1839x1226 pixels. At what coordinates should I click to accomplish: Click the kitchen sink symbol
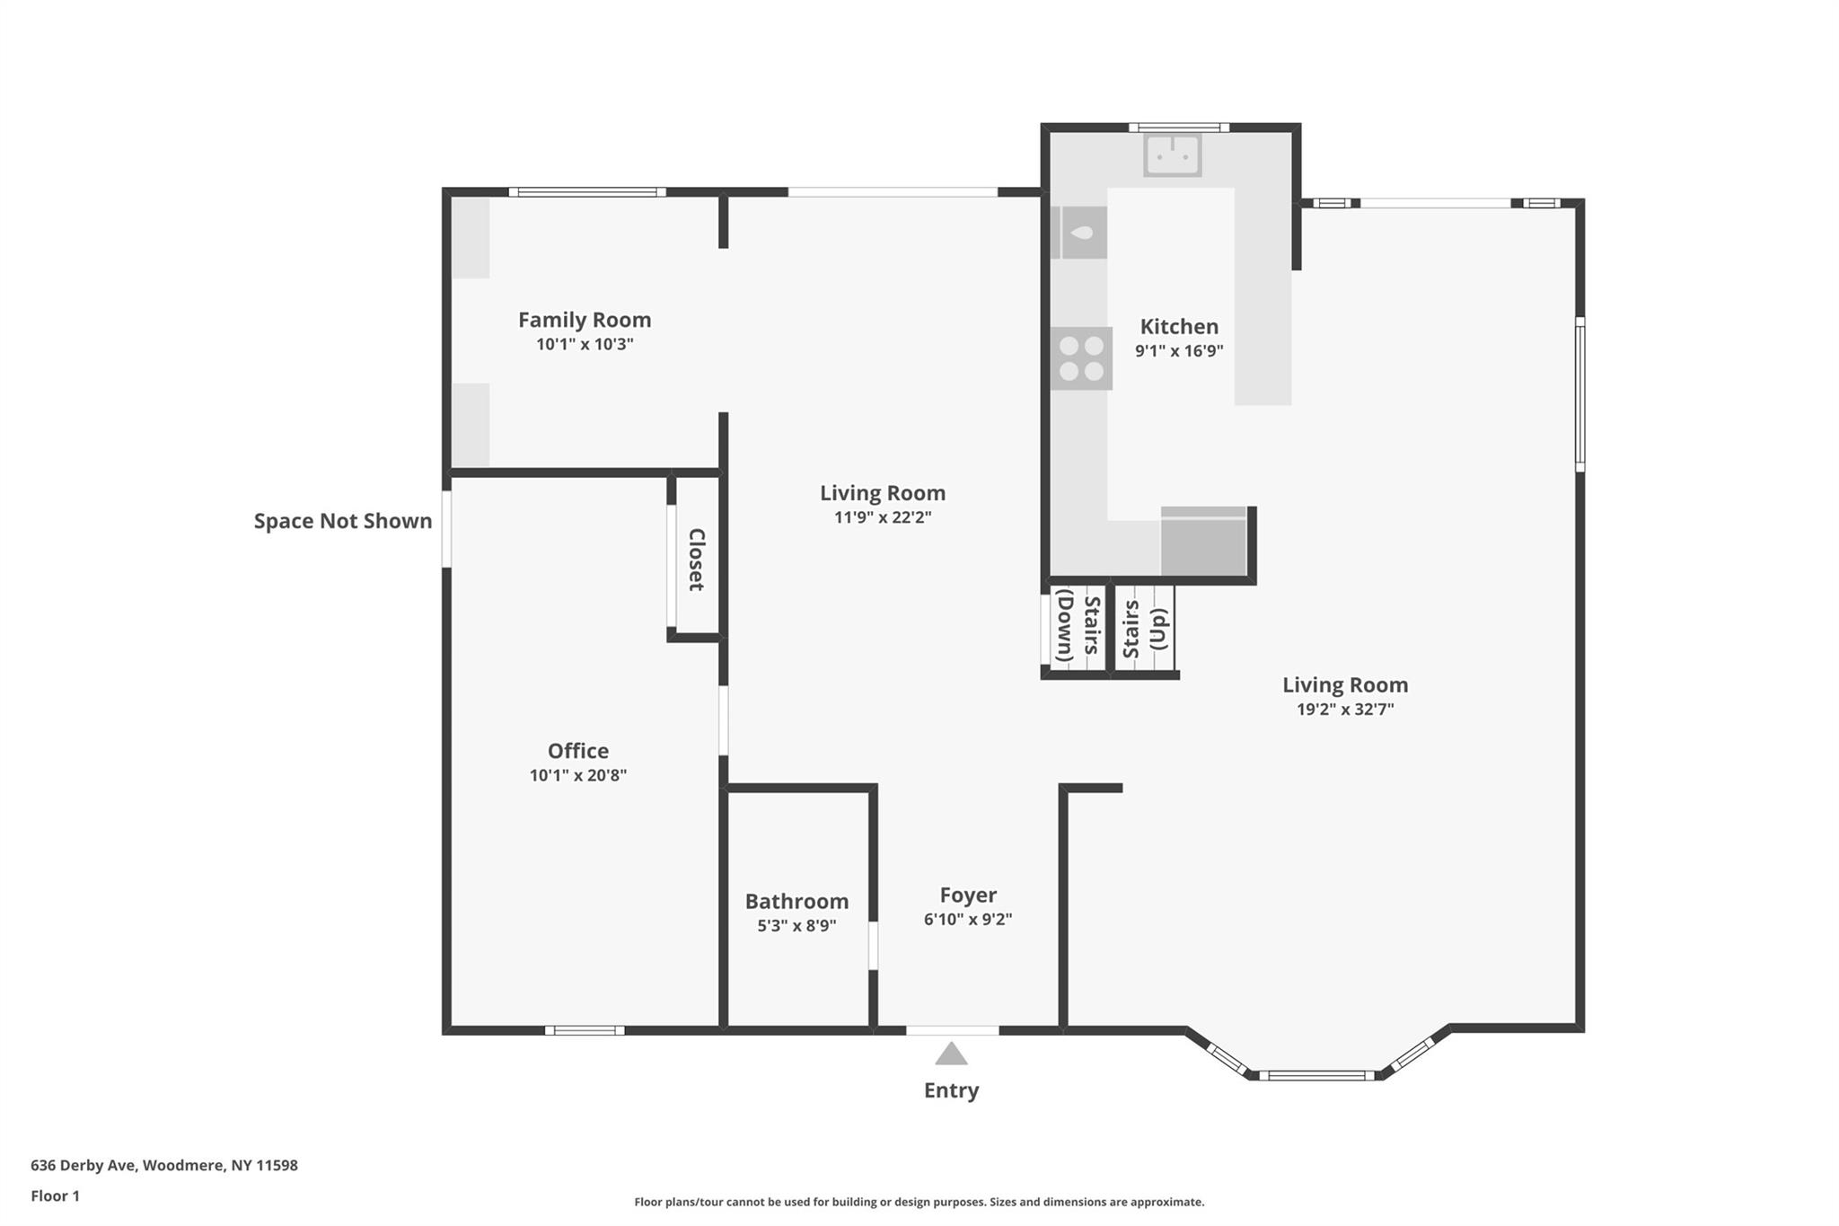pyautogui.click(x=1172, y=155)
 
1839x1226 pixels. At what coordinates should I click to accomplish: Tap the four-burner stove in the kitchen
pyautogui.click(x=1081, y=357)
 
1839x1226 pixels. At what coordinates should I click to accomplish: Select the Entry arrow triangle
pyautogui.click(x=951, y=1054)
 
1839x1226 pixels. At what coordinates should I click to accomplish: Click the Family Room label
pyautogui.click(x=585, y=320)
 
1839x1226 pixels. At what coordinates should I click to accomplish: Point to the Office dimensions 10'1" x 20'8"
pyautogui.click(x=577, y=775)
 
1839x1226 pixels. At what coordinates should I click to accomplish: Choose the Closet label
pyautogui.click(x=696, y=559)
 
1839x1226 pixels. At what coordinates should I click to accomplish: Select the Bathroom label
pyautogui.click(x=796, y=901)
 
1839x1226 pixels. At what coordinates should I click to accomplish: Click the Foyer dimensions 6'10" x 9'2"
pyautogui.click(x=968, y=919)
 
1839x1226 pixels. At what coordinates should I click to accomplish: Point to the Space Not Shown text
pyautogui.click(x=342, y=521)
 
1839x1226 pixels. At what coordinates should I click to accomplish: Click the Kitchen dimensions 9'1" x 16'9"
pyautogui.click(x=1179, y=350)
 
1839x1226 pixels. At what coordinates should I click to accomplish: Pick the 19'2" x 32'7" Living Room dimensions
pyautogui.click(x=1344, y=709)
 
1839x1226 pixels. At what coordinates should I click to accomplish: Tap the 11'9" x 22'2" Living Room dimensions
pyautogui.click(x=882, y=516)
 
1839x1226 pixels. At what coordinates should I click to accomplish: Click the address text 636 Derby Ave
pyautogui.click(x=163, y=1165)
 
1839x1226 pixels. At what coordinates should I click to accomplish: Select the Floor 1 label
pyautogui.click(x=55, y=1195)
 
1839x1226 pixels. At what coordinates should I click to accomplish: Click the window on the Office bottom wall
pyautogui.click(x=585, y=1030)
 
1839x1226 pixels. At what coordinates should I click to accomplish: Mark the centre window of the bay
pyautogui.click(x=1315, y=1075)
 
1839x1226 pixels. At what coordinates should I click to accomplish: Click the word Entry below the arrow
pyautogui.click(x=951, y=1090)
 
